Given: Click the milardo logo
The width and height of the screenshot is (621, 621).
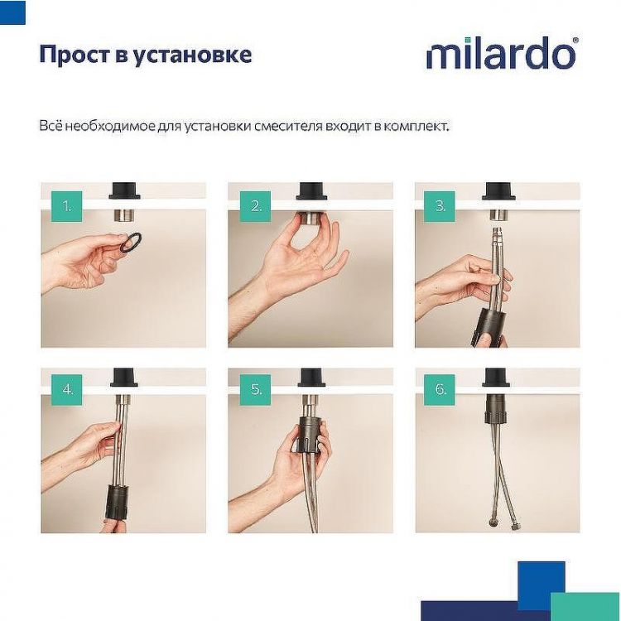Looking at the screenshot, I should click(502, 54).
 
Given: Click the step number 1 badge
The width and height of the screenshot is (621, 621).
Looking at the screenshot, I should click(65, 205).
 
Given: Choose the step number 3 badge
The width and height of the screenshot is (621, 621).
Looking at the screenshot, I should click(440, 205).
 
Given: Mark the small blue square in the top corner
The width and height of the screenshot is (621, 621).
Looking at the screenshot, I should click(12, 12).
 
